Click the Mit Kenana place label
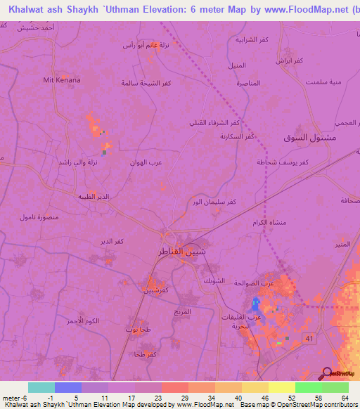click(x=62, y=80)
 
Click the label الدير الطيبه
click(x=94, y=197)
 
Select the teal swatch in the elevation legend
click(x=41, y=387)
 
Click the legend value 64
click(x=345, y=398)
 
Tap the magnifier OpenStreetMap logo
click(x=326, y=373)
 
